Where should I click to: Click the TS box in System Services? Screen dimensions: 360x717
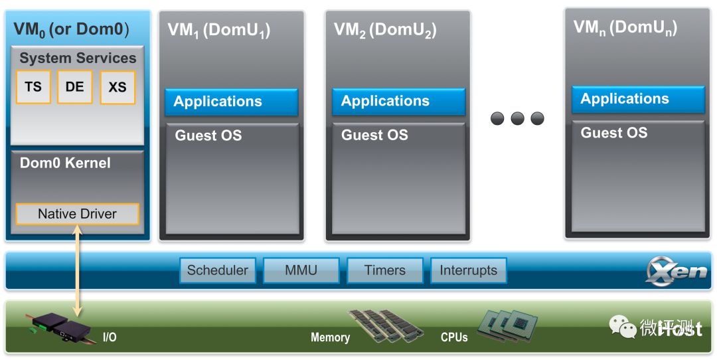pyautogui.click(x=33, y=87)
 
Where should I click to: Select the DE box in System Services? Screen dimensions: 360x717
pyautogui.click(x=74, y=87)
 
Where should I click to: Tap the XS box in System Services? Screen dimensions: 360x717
pyautogui.click(x=118, y=87)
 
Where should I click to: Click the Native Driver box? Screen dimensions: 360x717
pyautogui.click(x=77, y=214)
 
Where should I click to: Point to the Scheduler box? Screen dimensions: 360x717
pyautogui.click(x=217, y=270)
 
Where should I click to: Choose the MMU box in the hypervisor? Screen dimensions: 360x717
pyautogui.click(x=301, y=270)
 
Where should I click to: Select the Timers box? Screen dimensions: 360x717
pyautogui.click(x=385, y=270)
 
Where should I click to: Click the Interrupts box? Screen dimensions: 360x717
pyautogui.click(x=468, y=270)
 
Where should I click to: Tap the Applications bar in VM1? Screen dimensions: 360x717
pyautogui.click(x=231, y=102)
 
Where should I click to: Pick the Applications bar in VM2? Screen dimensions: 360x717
pyautogui.click(x=398, y=101)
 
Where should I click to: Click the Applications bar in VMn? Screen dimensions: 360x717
pyautogui.click(x=638, y=99)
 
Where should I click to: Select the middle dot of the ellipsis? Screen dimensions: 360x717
pyautogui.click(x=518, y=118)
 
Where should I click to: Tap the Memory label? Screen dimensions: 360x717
pyautogui.click(x=330, y=337)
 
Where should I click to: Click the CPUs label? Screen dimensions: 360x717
pyautogui.click(x=454, y=337)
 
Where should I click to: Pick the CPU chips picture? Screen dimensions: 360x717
pyautogui.click(x=509, y=325)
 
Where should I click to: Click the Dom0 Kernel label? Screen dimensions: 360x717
pyautogui.click(x=65, y=163)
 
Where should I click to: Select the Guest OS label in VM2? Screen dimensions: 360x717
pyautogui.click(x=374, y=135)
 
